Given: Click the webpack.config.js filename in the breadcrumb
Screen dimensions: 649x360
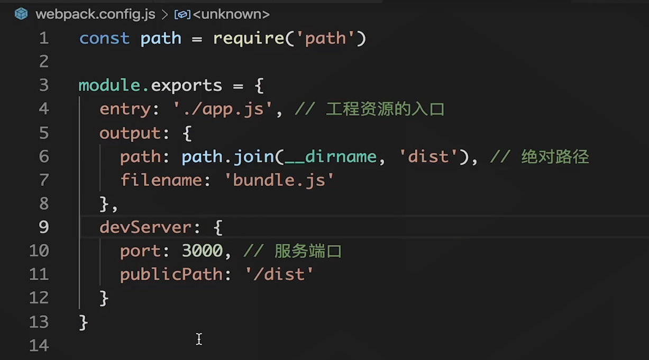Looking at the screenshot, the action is pyautogui.click(x=95, y=14).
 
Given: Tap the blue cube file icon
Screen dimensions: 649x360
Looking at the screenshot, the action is pyautogui.click(x=21, y=14).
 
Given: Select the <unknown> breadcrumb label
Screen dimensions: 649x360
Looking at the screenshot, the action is pyautogui.click(x=231, y=14).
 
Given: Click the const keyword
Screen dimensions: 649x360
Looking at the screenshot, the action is pyautogui.click(x=104, y=39).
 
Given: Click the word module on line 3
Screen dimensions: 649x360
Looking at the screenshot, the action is pyautogui.click(x=109, y=85).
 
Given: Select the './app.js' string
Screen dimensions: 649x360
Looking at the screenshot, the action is pyautogui.click(x=223, y=109).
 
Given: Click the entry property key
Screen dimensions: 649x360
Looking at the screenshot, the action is pyautogui.click(x=125, y=109).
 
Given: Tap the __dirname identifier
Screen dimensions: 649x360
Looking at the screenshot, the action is pyautogui.click(x=331, y=156).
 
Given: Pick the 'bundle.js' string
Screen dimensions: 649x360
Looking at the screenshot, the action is pyautogui.click(x=279, y=180).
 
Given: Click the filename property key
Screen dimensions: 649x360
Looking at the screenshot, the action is pyautogui.click(x=161, y=180).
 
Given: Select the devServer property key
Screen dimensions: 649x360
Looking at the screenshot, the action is pyautogui.click(x=145, y=227).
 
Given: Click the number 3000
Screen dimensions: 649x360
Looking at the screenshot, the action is pyautogui.click(x=202, y=251).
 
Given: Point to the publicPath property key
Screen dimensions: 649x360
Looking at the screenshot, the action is pyautogui.click(x=171, y=274).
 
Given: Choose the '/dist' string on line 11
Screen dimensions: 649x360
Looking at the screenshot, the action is pyautogui.click(x=279, y=274).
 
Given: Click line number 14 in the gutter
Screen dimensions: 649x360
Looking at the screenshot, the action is pyautogui.click(x=39, y=346).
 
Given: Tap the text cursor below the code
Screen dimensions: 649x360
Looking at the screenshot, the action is pyautogui.click(x=199, y=339).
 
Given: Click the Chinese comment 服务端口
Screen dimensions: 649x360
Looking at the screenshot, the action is pyautogui.click(x=308, y=251).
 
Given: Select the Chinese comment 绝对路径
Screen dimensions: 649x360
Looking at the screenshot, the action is pyautogui.click(x=555, y=156).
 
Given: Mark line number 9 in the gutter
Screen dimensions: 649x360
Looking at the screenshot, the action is pyautogui.click(x=44, y=227).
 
